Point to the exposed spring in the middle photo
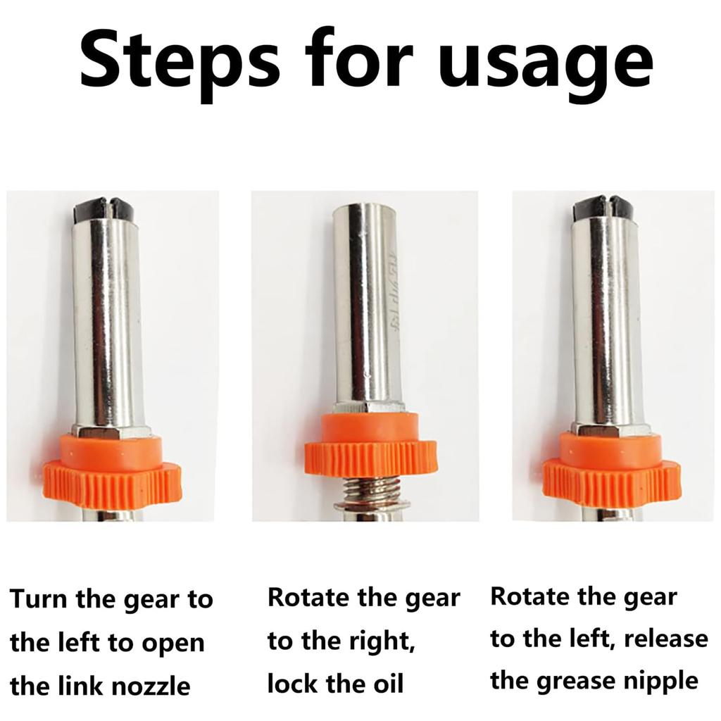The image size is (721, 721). coord(371,491)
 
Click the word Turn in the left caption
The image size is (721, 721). coord(39,598)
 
